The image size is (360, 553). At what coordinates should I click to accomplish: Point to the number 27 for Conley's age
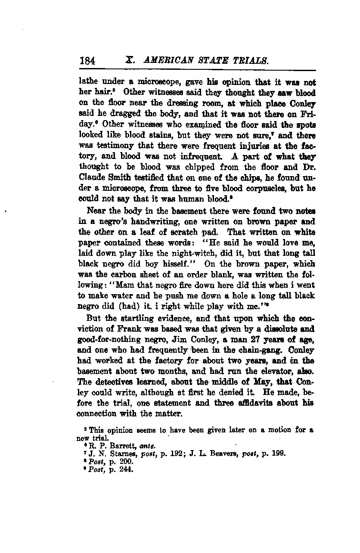pyautogui.click(x=252, y=340)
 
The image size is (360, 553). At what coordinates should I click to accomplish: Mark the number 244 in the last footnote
pyautogui.click(x=128, y=469)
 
